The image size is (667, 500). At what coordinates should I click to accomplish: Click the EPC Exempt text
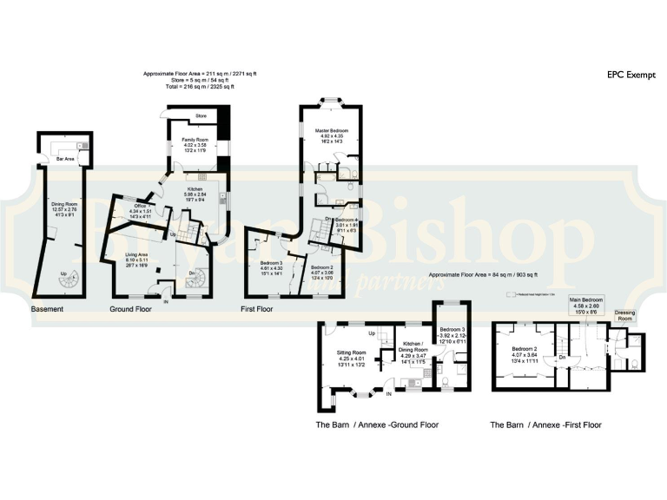tap(628, 76)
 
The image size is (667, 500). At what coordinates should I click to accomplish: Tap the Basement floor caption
tap(48, 309)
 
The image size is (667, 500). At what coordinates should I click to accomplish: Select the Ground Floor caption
tap(132, 309)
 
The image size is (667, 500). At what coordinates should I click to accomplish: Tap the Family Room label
tap(195, 140)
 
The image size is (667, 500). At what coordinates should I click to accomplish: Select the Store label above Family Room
tap(201, 115)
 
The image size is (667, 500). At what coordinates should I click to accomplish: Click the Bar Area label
tap(65, 159)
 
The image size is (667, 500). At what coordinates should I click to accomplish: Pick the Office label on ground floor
tap(138, 206)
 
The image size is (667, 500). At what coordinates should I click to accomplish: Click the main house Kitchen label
tap(195, 188)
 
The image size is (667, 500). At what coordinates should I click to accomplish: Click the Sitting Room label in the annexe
tap(352, 353)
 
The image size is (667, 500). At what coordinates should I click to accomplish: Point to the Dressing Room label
tap(624, 315)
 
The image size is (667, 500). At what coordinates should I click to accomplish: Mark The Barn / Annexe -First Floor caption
tap(545, 425)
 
